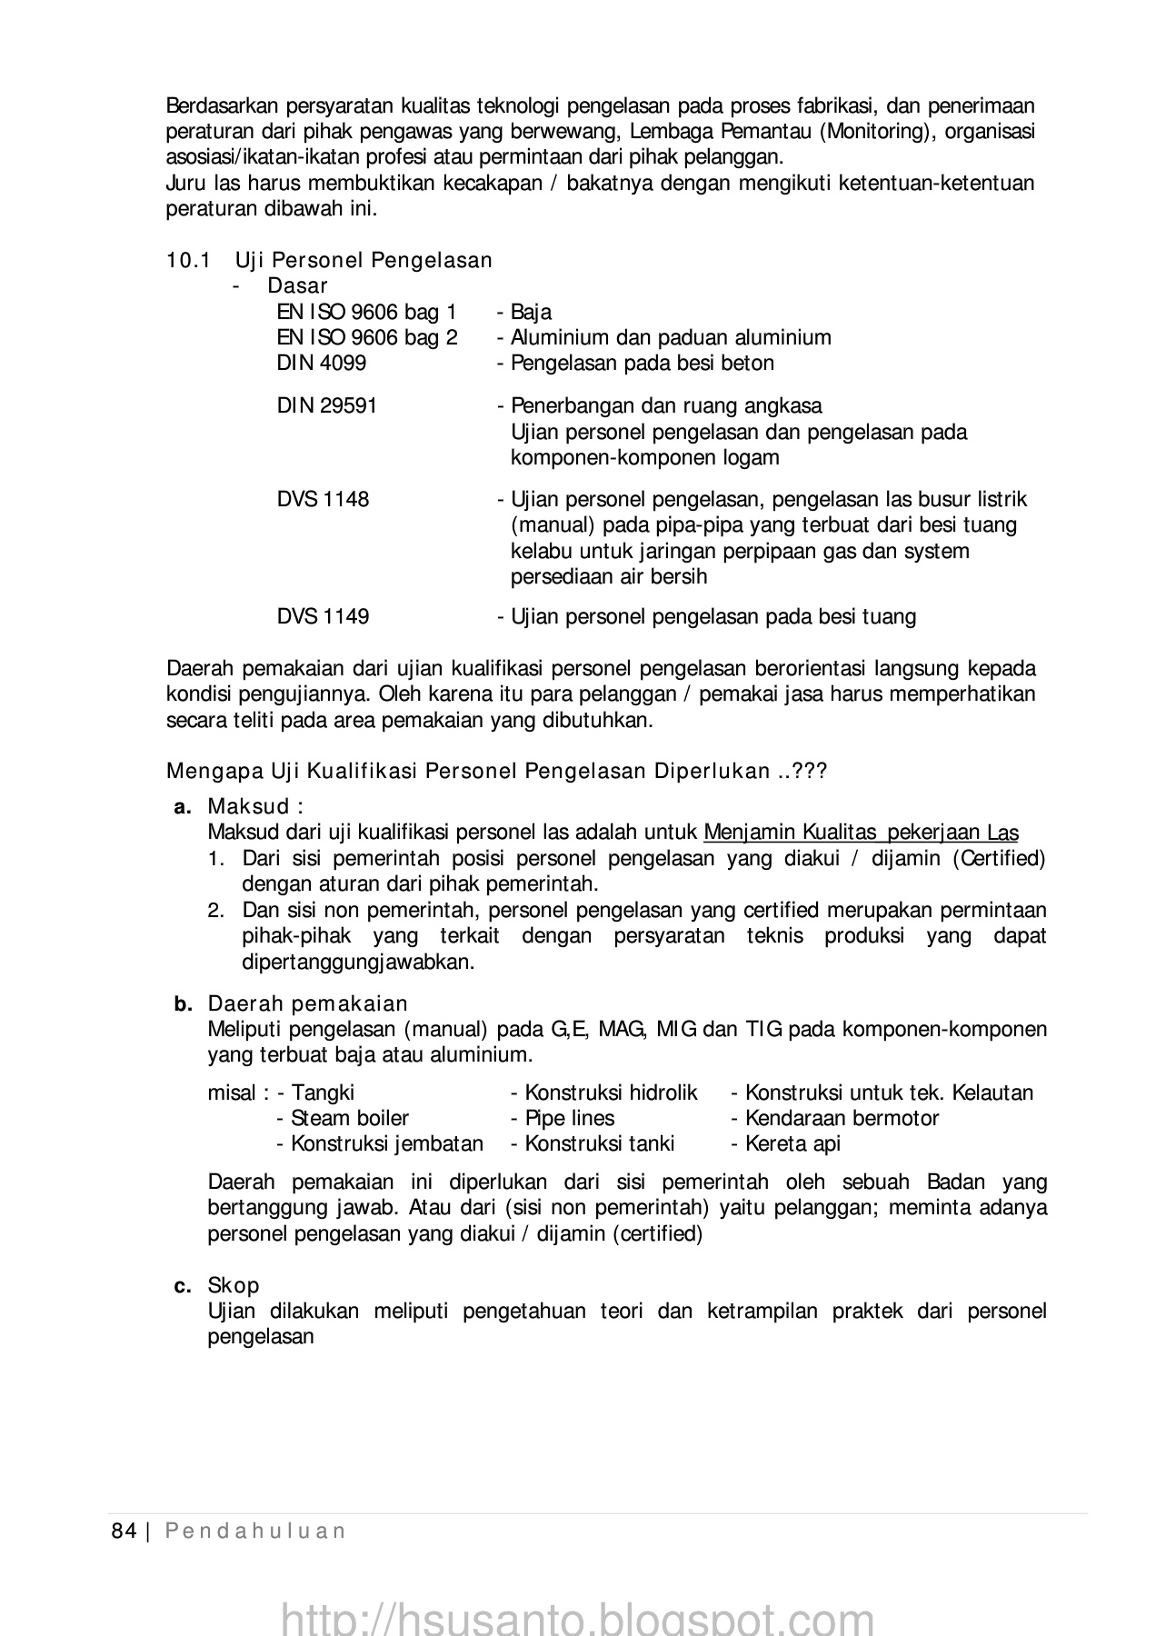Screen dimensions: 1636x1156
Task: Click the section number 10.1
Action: [x=188, y=261]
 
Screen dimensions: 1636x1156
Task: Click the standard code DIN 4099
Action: [x=322, y=364]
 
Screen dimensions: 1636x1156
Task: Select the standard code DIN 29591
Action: [x=327, y=406]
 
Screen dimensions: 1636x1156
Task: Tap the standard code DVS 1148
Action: [x=323, y=500]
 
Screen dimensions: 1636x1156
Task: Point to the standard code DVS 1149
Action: [x=323, y=617]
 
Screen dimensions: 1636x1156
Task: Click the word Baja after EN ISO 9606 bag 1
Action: [x=531, y=313]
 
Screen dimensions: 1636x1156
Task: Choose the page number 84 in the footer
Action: [x=124, y=1531]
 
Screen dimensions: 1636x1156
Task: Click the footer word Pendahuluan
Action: [x=255, y=1531]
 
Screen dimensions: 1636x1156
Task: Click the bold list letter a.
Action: [x=182, y=807]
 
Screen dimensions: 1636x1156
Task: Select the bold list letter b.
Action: [x=183, y=1004]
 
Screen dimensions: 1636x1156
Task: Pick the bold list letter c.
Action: [x=183, y=1286]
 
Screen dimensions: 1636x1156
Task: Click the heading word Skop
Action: [x=234, y=1286]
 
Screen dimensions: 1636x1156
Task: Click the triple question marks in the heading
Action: [x=809, y=773]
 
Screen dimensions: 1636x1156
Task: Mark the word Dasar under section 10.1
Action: [x=297, y=286]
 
